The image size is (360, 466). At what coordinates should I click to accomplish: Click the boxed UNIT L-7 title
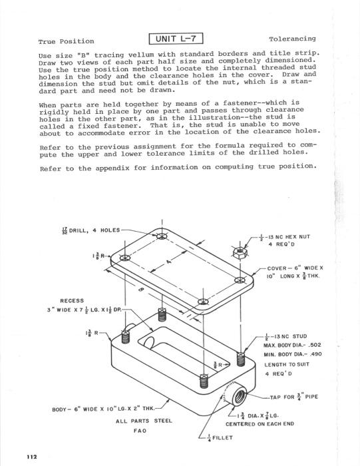[176, 39]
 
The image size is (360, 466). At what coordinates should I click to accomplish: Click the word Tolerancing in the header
[292, 39]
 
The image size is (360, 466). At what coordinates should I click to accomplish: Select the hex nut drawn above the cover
[240, 253]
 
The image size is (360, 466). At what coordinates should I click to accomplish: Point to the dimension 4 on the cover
[169, 262]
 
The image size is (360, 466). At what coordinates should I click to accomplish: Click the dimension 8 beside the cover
[140, 290]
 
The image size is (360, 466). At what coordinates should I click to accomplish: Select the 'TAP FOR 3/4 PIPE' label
[293, 397]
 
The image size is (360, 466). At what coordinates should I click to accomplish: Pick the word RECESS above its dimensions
[72, 301]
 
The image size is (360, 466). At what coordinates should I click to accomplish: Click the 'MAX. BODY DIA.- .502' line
[292, 345]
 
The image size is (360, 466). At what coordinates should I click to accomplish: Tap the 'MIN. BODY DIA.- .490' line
[293, 354]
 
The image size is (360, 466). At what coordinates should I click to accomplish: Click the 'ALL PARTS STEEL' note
[144, 421]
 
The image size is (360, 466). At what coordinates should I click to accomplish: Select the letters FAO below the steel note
[140, 431]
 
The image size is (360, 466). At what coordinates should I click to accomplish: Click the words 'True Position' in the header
[66, 41]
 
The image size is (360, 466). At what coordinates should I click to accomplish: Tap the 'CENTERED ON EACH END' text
[260, 424]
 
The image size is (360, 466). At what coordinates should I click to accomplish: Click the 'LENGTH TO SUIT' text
[287, 364]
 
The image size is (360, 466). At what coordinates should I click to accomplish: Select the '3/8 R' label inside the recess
[218, 364]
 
